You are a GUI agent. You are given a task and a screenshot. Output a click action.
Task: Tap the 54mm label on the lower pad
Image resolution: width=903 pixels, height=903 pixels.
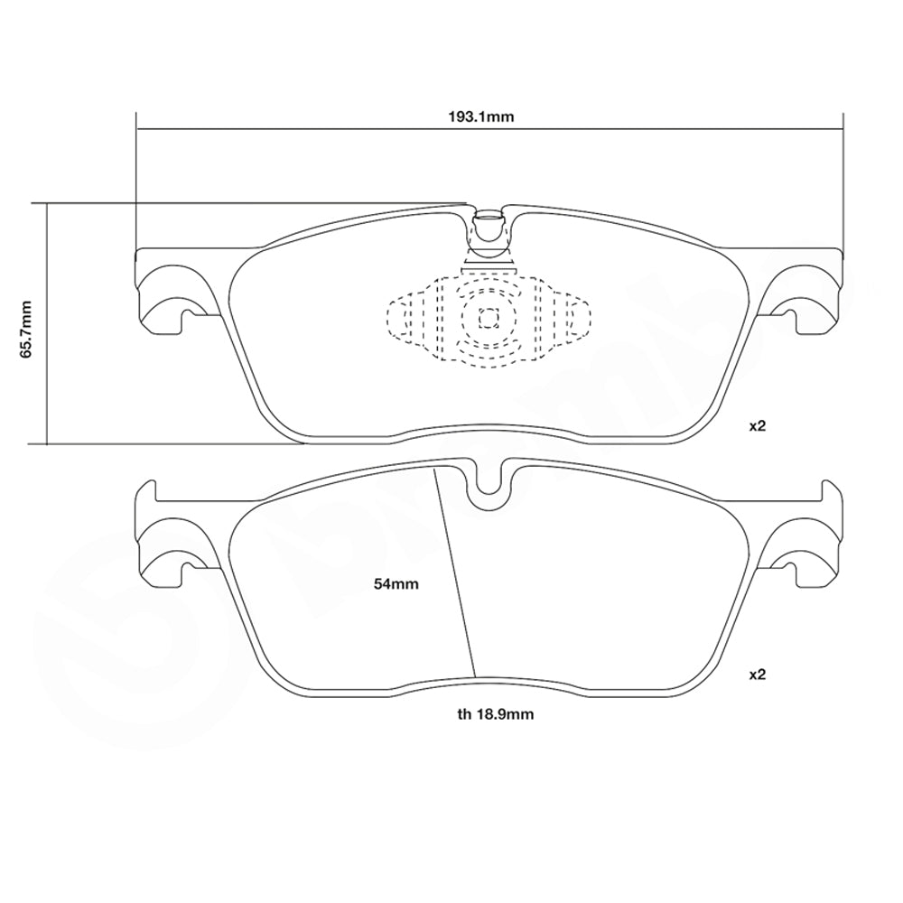tap(396, 584)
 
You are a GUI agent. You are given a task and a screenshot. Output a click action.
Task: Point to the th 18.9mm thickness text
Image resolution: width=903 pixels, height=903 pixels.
tap(495, 714)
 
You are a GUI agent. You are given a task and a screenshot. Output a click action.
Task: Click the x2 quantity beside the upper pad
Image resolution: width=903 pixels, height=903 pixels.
tap(757, 425)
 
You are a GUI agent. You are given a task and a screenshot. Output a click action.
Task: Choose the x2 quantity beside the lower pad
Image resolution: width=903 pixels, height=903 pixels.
tap(757, 674)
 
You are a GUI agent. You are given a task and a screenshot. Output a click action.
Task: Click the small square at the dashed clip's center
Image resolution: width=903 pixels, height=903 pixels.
tap(489, 317)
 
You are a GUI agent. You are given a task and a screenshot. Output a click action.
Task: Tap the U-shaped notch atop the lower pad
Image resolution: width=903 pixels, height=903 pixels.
tap(489, 479)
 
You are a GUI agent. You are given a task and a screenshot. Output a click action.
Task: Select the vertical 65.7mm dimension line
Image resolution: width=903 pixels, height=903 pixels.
tap(46, 379)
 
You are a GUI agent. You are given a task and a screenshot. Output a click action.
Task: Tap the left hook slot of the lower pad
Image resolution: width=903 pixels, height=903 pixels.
tap(187, 569)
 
